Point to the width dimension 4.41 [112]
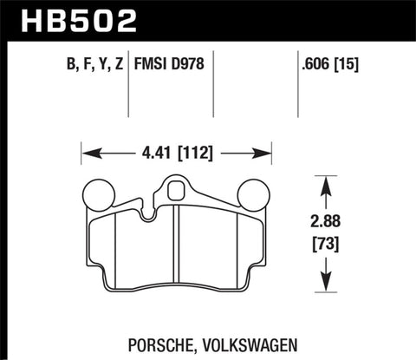(x=179, y=156)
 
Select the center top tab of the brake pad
(x=178, y=187)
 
